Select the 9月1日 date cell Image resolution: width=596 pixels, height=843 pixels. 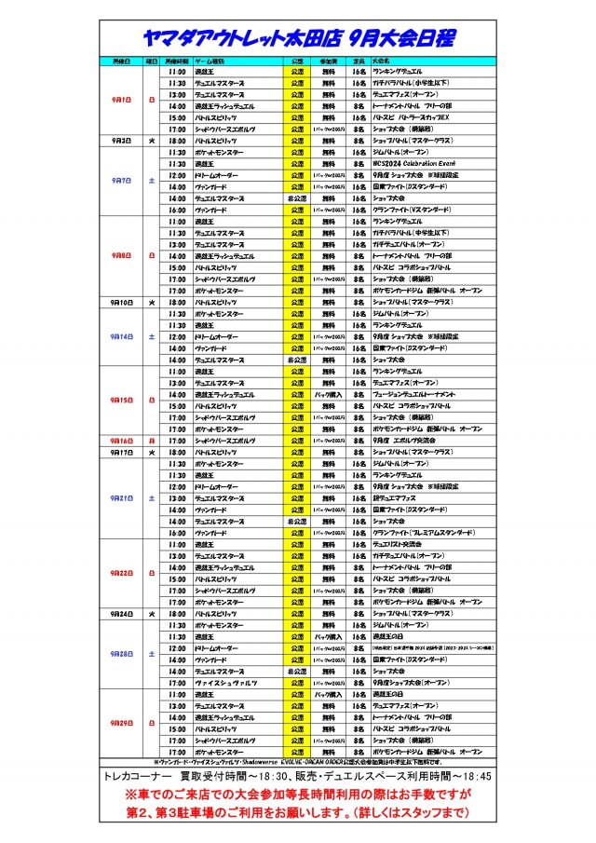(x=121, y=99)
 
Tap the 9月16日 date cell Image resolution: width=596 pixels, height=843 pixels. (x=121, y=441)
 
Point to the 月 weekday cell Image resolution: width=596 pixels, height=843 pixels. (x=152, y=441)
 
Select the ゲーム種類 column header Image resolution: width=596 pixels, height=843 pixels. (x=209, y=61)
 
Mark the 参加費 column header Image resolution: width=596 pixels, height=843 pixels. (x=329, y=61)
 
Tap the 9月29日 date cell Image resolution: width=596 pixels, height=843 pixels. (x=121, y=723)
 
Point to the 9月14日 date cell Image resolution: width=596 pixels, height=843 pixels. (x=121, y=336)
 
